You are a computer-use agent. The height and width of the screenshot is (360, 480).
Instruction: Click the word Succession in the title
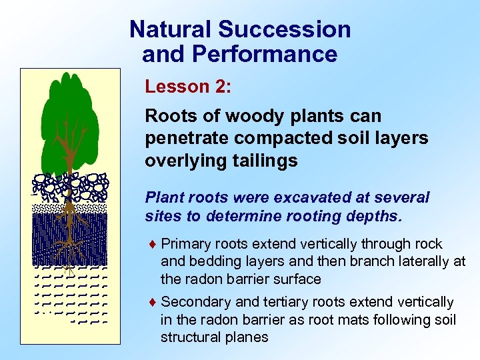click(x=285, y=29)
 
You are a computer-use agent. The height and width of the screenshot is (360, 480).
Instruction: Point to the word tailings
click(x=265, y=160)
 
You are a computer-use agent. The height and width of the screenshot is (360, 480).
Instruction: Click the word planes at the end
click(x=247, y=337)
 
